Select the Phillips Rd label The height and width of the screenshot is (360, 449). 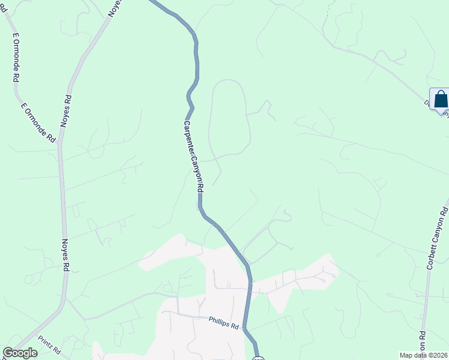[x=224, y=323]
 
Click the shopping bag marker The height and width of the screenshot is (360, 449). [x=441, y=100]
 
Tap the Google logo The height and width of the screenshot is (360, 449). [x=20, y=353]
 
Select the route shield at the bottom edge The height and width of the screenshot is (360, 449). [x=258, y=357]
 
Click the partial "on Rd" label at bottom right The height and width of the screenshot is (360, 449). [x=423, y=344]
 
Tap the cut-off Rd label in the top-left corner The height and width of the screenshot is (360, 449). [x=2, y=8]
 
